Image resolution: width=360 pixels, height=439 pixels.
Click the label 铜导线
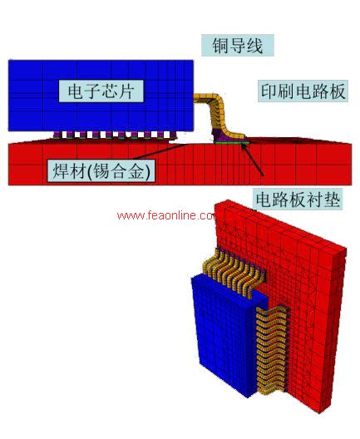pyautogui.click(x=238, y=46)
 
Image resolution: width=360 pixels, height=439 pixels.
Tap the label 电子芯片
pyautogui.click(x=101, y=91)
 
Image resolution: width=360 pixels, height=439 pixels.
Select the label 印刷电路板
pyautogui.click(x=303, y=91)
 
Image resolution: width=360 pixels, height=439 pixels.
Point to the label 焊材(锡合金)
pyautogui.click(x=101, y=170)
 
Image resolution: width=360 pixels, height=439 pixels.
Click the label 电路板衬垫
pyautogui.click(x=298, y=200)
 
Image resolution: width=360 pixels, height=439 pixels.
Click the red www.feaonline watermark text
pyautogui.click(x=166, y=215)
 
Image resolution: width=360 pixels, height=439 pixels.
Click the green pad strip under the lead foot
pyautogui.click(x=231, y=143)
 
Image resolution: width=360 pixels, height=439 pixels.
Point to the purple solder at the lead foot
pyautogui.click(x=228, y=136)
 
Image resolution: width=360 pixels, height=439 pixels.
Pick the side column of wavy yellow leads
pyautogui.click(x=272, y=350)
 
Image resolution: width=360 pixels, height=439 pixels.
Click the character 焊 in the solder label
pyautogui.click(x=61, y=170)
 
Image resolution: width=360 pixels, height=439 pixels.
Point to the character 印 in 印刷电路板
pyautogui.click(x=269, y=91)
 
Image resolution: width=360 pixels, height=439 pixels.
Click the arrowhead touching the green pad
pyautogui.click(x=246, y=147)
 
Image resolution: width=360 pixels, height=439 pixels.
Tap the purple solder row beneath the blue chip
pyautogui.click(x=115, y=135)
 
